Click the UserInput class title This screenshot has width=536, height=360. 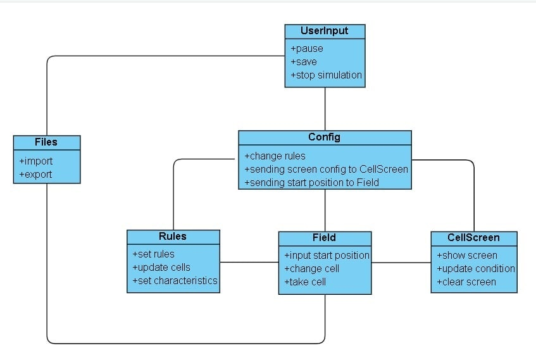click(325, 31)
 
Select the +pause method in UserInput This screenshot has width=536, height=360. click(307, 49)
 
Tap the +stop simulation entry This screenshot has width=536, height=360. click(327, 75)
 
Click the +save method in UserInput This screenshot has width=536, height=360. click(304, 62)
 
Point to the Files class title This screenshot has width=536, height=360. click(46, 142)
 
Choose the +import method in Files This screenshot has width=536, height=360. click(36, 161)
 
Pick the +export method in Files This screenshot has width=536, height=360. click(36, 174)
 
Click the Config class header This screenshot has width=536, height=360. click(324, 137)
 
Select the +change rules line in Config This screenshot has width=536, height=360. click(275, 156)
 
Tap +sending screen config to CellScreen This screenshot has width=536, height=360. click(326, 169)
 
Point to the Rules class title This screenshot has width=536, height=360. click(173, 237)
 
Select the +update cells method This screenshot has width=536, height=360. click(161, 267)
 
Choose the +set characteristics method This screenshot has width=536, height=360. click(174, 280)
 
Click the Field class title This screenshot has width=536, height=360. click(324, 238)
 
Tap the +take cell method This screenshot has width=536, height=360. click(305, 282)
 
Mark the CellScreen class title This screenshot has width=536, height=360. click(473, 238)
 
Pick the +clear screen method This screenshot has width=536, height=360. click(466, 282)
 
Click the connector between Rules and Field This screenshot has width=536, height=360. click(249, 262)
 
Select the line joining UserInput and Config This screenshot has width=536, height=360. click(325, 109)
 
